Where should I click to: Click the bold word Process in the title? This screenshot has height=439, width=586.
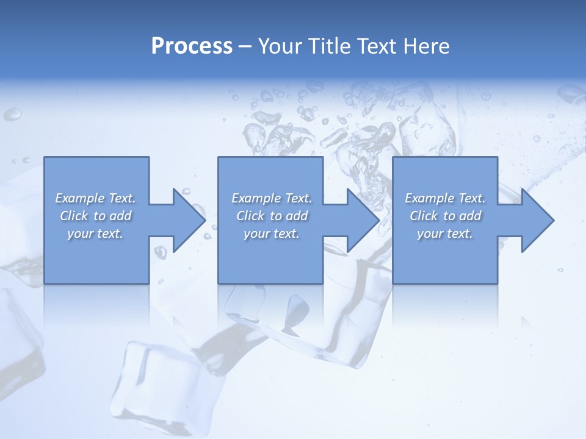[192, 46]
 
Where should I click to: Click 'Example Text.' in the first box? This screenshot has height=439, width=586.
[95, 198]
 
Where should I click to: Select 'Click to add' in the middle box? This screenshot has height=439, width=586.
[272, 216]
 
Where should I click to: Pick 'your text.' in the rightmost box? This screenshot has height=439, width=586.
[445, 234]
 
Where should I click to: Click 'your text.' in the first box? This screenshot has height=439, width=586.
[95, 234]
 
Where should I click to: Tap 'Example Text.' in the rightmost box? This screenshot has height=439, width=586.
[445, 198]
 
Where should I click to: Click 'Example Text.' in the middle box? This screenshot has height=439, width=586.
[272, 198]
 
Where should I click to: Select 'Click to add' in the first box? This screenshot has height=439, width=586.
[95, 216]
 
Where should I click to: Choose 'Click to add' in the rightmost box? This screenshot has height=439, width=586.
[445, 216]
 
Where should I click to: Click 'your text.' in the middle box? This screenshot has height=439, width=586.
[272, 234]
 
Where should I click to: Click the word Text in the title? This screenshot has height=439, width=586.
[375, 46]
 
